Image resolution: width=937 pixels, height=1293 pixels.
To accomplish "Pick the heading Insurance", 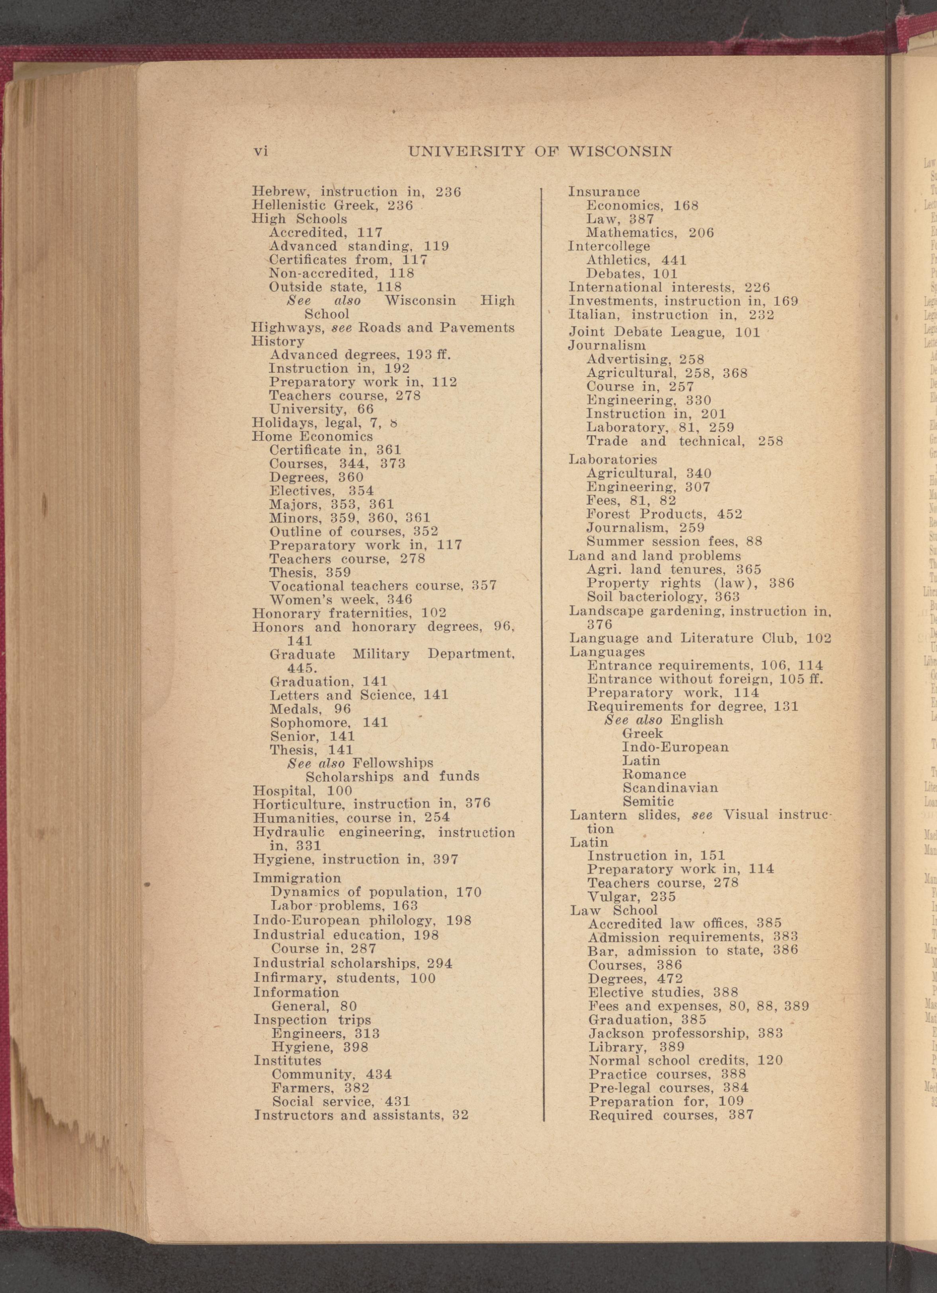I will click(604, 192).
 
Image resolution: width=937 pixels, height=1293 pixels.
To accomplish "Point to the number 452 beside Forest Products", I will click(730, 514).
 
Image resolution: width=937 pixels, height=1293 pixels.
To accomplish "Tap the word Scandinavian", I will click(670, 788).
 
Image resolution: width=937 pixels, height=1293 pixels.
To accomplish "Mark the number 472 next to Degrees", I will click(670, 979).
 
